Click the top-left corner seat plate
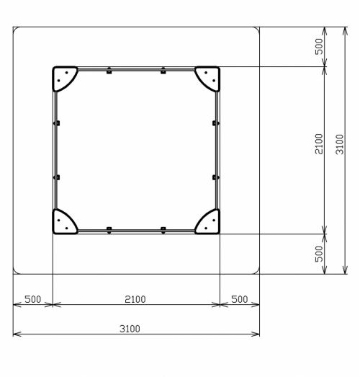(63, 77)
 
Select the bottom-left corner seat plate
(63, 223)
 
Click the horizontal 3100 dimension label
(130, 329)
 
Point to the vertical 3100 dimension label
(340, 144)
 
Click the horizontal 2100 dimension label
(135, 299)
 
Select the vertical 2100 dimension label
(319, 144)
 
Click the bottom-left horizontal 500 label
(33, 299)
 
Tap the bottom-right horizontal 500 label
(240, 299)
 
